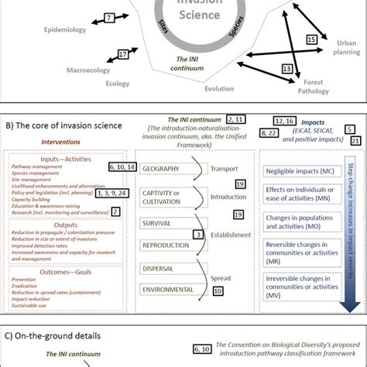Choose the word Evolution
(218, 89)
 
